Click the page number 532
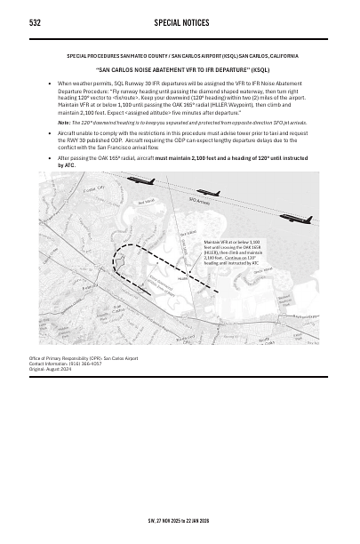coord(36,20)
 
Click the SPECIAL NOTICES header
coord(180,20)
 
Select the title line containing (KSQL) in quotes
coord(181,68)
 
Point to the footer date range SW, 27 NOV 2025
coord(178,520)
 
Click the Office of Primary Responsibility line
coord(84,358)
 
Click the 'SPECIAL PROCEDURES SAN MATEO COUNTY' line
coord(181,55)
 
